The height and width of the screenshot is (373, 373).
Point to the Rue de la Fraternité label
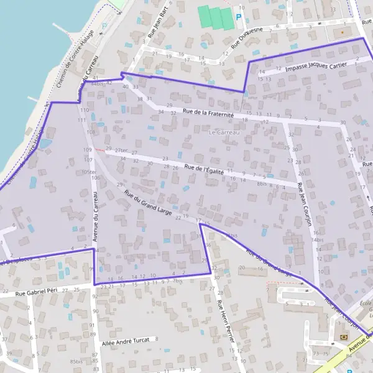pyautogui.click(x=208, y=114)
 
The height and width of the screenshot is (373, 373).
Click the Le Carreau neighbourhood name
pyautogui.click(x=224, y=132)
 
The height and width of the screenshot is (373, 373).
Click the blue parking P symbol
pyautogui.click(x=239, y=18)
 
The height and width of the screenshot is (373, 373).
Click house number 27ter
pyautogui.click(x=121, y=150)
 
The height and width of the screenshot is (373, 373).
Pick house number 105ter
pyautogui.click(x=89, y=172)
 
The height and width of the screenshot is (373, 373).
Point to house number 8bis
pyautogui.click(x=262, y=184)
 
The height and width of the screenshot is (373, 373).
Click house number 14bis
pyautogui.click(x=318, y=239)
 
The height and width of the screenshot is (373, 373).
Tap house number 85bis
pyautogui.click(x=76, y=361)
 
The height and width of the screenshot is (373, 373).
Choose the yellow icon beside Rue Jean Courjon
pyautogui.click(x=342, y=336)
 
